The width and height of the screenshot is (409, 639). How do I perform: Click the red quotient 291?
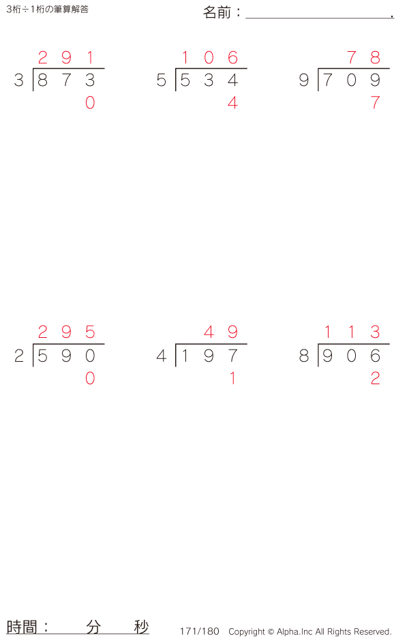(66, 58)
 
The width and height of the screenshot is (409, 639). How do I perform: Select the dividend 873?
(66, 80)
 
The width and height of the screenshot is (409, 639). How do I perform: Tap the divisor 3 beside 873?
(18, 80)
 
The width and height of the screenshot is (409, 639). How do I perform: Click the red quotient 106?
(209, 58)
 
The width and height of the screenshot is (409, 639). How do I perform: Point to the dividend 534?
(209, 80)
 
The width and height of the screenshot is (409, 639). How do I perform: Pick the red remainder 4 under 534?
(232, 103)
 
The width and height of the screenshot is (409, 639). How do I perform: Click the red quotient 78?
(363, 58)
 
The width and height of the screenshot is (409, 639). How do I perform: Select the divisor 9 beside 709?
(304, 80)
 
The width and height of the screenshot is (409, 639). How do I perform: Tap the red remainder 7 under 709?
(375, 103)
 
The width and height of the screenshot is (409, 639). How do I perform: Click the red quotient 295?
(66, 332)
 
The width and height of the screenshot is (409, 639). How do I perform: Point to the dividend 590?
(66, 356)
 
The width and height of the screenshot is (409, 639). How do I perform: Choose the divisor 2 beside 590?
(18, 356)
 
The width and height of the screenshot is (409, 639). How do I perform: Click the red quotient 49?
(221, 332)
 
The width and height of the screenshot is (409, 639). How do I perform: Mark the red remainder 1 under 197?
(232, 378)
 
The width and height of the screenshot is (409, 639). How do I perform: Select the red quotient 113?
(351, 332)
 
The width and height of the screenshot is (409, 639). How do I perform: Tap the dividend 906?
(351, 356)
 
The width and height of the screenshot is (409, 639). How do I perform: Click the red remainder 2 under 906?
(375, 378)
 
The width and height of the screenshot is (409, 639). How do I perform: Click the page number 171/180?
(200, 632)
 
